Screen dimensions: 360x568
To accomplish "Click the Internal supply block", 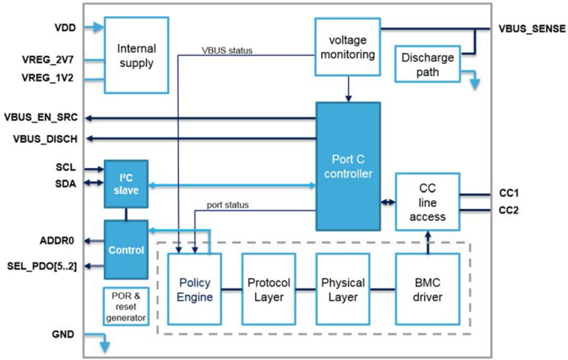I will pos(136,55).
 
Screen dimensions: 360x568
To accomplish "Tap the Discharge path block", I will pos(427,64).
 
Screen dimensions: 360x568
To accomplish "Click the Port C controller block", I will pos(348,166).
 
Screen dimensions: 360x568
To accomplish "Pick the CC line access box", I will pos(427,201).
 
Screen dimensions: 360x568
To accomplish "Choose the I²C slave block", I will pos(126,183).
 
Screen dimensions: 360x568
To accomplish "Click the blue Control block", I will pos(126,249).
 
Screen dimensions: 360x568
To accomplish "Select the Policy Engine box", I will pos(194,289).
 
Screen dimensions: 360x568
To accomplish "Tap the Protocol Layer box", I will pos(268,289).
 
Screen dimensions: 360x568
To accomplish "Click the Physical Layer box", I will pos(343,289).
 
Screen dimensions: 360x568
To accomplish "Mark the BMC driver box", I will pos(427,289).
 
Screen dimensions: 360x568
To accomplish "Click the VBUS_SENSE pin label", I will pos(532,29).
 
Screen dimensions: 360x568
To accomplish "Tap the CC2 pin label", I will pos(508,210).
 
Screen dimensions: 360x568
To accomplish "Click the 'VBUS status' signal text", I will pos(227,50).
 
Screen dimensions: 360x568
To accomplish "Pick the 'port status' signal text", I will pos(227,204).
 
